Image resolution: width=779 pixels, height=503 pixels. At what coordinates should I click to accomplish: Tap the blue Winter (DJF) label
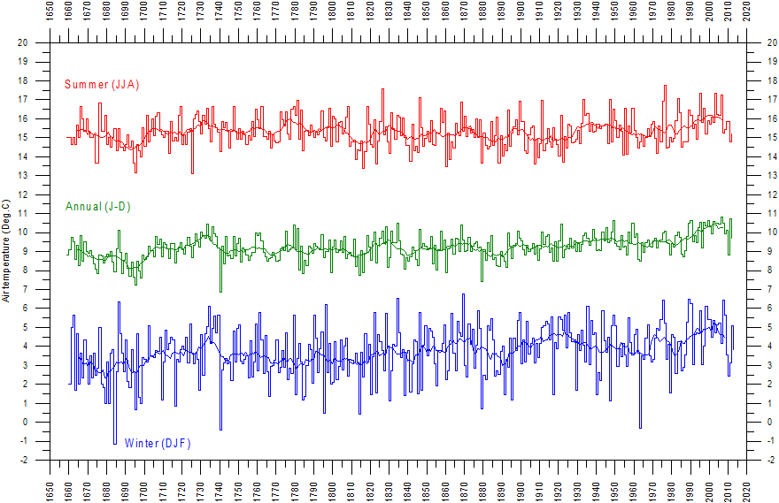pyautogui.click(x=158, y=443)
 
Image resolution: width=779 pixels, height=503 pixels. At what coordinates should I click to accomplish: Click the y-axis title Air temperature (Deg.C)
pyautogui.click(x=7, y=252)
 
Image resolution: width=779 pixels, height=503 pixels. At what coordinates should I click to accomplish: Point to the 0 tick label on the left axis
pyautogui.click(x=25, y=423)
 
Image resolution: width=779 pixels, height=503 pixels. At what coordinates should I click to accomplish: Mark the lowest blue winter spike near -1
pyautogui.click(x=114, y=443)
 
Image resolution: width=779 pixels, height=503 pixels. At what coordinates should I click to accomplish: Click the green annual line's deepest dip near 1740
pyautogui.click(x=220, y=291)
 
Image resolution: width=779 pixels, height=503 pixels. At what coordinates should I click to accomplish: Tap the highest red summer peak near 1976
pyautogui.click(x=665, y=86)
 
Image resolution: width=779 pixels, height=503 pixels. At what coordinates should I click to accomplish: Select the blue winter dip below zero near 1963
pyautogui.click(x=640, y=428)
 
